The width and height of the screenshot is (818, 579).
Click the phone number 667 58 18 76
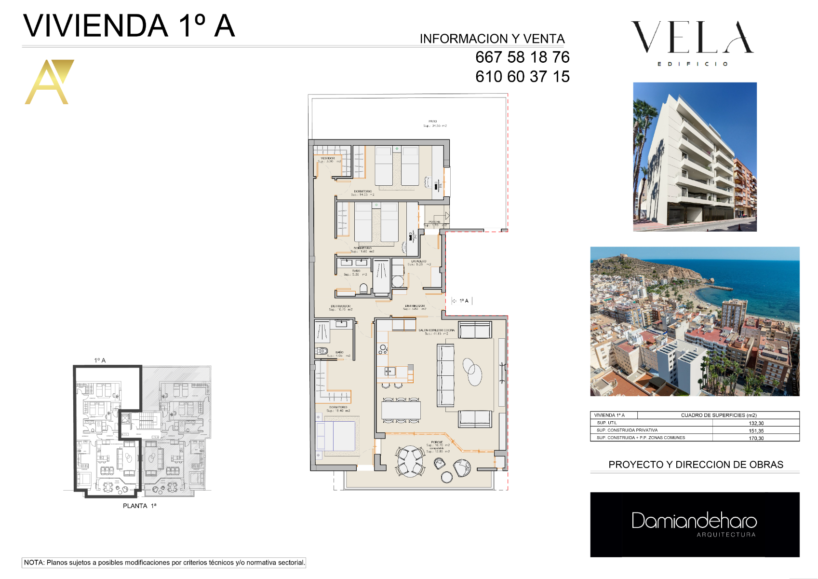tap(522, 57)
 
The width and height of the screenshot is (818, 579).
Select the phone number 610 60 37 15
tap(522, 77)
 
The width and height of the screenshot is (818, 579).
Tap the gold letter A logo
tap(49, 82)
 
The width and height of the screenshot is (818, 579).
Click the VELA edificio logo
tap(692, 42)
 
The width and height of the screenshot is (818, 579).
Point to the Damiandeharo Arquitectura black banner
tap(695, 524)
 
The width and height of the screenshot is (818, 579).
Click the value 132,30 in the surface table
tap(756, 423)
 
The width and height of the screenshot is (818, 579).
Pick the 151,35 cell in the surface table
tap(756, 431)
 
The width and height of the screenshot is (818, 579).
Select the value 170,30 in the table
tap(756, 438)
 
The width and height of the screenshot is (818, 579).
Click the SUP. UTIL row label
tap(607, 423)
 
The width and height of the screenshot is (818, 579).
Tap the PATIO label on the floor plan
tap(433, 122)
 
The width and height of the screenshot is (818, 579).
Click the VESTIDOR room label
tap(328, 158)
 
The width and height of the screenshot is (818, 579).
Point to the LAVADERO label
tap(418, 262)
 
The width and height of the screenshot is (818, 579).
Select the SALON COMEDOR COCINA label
tap(436, 331)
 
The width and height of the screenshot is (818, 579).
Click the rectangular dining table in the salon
tap(401, 410)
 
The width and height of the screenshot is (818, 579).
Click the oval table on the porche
tap(410, 461)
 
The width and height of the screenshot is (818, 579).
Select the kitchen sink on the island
tap(390, 371)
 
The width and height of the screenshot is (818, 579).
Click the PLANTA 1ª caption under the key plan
tap(139, 506)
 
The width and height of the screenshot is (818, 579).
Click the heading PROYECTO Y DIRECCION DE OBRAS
tap(696, 465)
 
